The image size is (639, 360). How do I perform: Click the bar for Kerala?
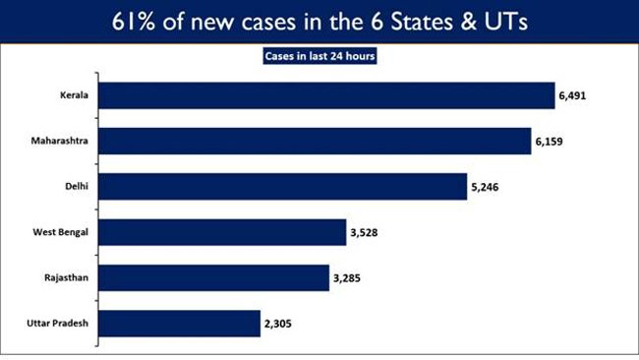(x=327, y=95)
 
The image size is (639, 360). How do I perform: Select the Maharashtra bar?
(x=316, y=141)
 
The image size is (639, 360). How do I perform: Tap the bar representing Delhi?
(x=283, y=186)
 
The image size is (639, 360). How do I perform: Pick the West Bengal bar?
(x=222, y=232)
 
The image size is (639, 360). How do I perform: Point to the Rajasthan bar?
(x=214, y=277)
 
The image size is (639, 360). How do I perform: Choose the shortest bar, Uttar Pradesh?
(x=180, y=323)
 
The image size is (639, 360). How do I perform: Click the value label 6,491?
(x=578, y=96)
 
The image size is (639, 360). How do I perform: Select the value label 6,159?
(x=554, y=142)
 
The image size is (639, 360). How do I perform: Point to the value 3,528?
(x=369, y=233)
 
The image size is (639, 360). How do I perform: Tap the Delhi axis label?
(x=78, y=186)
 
